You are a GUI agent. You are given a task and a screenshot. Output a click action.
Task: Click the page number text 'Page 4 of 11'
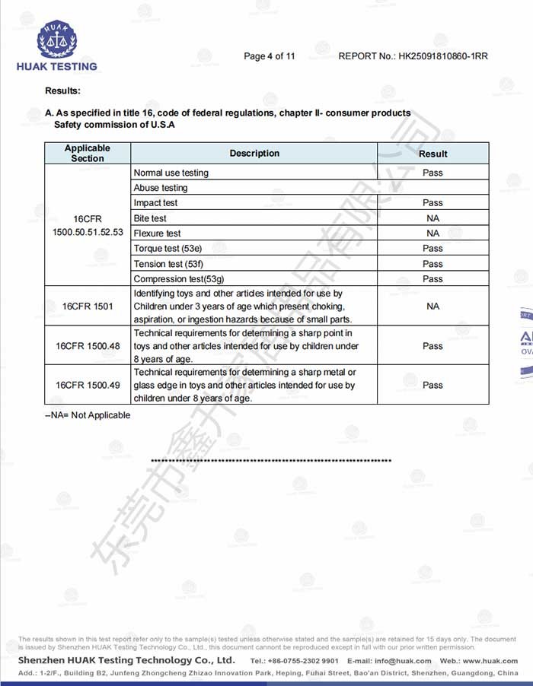tap(269, 56)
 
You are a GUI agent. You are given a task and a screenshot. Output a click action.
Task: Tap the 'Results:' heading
tap(62, 91)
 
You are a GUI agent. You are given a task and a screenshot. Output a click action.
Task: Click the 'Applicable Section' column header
tap(88, 153)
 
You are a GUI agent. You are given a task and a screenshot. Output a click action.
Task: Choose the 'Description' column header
tap(254, 153)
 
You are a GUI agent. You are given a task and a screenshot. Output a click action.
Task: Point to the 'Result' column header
tap(432, 154)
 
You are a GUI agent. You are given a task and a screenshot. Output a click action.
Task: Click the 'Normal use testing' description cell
tap(171, 173)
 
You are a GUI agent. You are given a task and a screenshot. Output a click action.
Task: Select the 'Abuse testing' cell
tap(160, 188)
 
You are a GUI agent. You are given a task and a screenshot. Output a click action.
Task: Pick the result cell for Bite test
tap(432, 218)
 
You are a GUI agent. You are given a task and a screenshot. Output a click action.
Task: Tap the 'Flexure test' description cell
tap(157, 233)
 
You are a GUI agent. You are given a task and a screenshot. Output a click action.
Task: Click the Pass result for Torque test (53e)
tap(432, 249)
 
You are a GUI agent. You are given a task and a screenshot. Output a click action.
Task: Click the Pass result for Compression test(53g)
tap(432, 279)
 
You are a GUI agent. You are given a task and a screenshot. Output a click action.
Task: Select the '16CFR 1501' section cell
tap(88, 306)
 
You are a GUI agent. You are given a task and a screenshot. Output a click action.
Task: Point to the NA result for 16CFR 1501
tap(432, 306)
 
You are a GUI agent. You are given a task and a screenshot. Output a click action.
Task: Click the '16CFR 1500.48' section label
tap(88, 346)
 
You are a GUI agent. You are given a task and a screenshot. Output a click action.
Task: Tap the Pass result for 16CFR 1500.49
tap(432, 386)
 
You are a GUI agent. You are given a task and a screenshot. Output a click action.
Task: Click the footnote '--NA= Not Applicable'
tap(88, 415)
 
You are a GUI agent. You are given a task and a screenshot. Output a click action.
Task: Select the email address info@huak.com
tap(393, 661)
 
